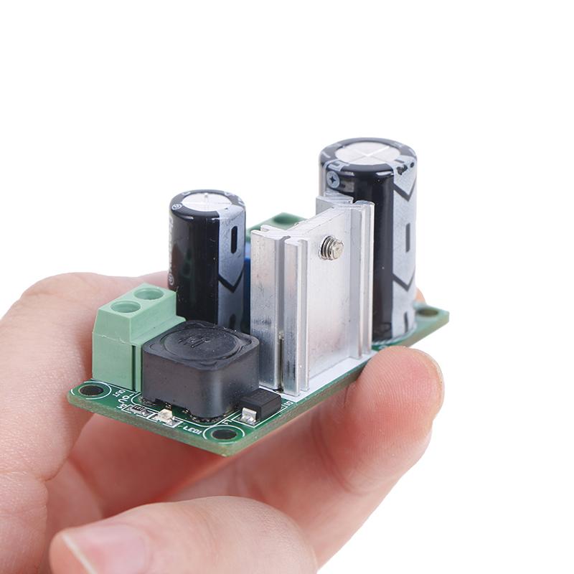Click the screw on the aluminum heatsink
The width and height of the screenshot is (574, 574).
[x=331, y=248]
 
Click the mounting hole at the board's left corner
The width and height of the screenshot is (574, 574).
[x=92, y=390]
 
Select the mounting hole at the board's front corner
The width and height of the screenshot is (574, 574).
[x=225, y=433]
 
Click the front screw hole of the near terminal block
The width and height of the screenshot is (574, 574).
[x=125, y=307]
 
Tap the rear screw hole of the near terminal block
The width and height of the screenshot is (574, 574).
[x=148, y=293]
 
